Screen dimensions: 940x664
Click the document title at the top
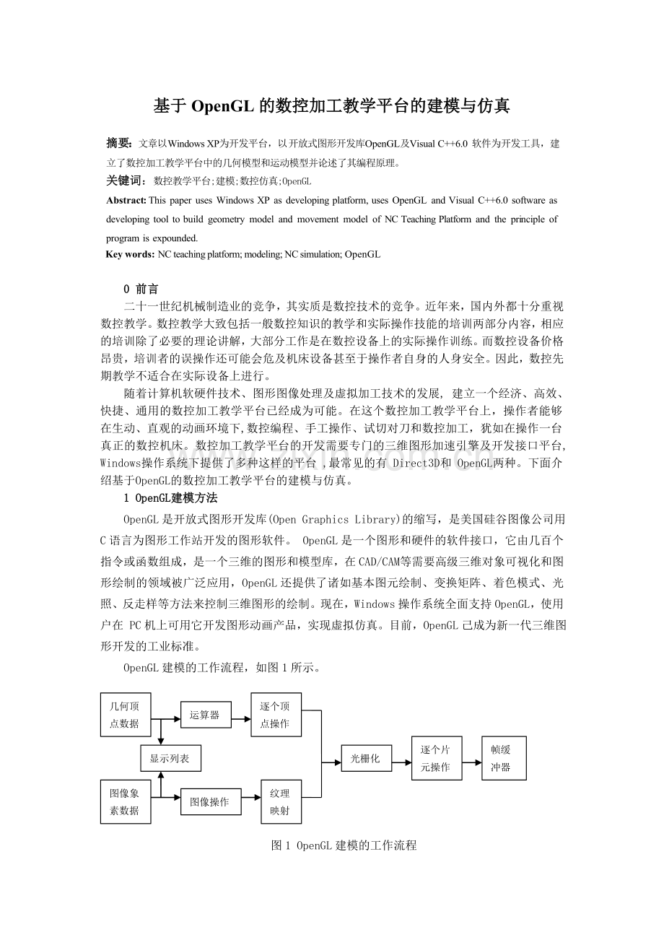point(332,106)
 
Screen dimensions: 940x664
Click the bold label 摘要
point(119,143)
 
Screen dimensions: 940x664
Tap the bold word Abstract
point(126,200)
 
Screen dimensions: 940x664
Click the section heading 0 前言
point(141,289)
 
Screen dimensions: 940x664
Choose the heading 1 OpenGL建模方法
point(171,498)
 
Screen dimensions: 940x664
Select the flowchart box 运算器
point(205,715)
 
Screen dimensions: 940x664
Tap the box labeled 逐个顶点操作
point(276,715)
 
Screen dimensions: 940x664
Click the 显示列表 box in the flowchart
point(170,758)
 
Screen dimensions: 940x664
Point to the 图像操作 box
point(210,801)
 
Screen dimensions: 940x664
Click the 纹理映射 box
point(280,801)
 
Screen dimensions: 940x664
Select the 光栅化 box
point(365,758)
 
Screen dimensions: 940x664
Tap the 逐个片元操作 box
point(436,758)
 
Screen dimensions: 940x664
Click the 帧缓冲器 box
point(503,758)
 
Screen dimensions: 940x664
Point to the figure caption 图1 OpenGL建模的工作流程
point(344,845)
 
